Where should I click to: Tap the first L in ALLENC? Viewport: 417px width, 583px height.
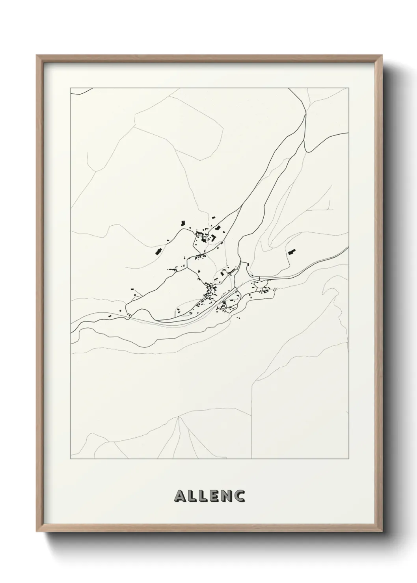pyautogui.click(x=193, y=496)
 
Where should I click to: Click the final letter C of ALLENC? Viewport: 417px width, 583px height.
pyautogui.click(x=241, y=496)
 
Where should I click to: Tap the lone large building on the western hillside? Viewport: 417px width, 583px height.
pyautogui.click(x=158, y=252)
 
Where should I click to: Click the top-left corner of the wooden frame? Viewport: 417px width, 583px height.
pyautogui.click(x=37, y=56)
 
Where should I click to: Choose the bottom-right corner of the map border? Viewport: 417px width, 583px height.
pyautogui.click(x=349, y=459)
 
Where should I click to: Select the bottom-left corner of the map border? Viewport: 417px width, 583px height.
pyautogui.click(x=71, y=459)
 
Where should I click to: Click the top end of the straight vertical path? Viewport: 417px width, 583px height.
pyautogui.click(x=252, y=381)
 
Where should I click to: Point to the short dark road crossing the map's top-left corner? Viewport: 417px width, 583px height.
pyautogui.click(x=80, y=91)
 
